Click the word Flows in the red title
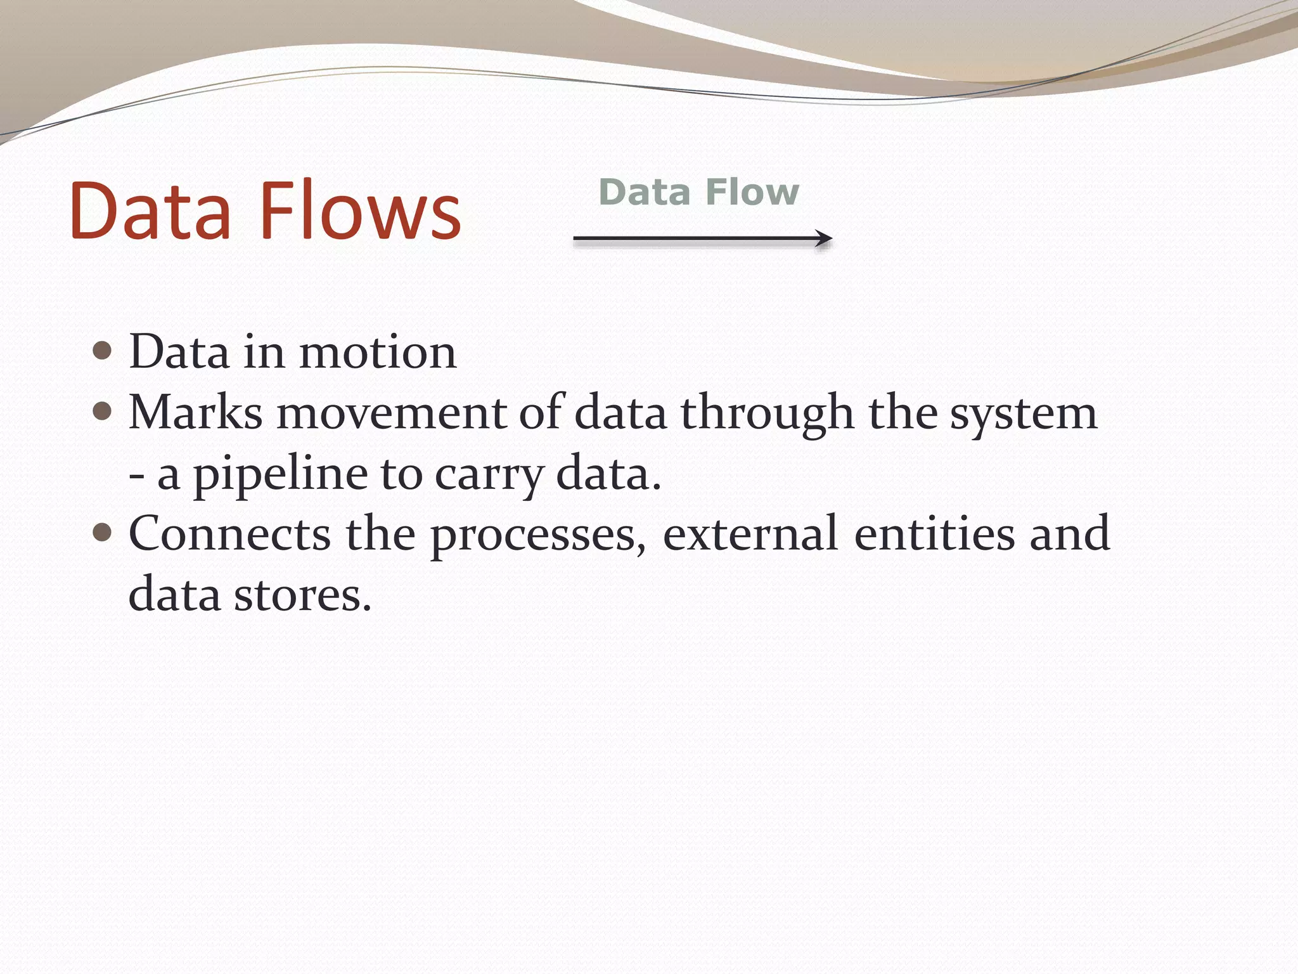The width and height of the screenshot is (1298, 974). pyautogui.click(x=360, y=211)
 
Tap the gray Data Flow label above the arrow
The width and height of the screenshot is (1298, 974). pyautogui.click(x=698, y=192)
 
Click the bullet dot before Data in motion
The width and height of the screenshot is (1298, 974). pyautogui.click(x=102, y=351)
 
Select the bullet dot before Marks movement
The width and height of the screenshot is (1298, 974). pyautogui.click(x=102, y=412)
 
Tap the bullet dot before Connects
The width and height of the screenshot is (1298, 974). pyautogui.click(x=102, y=531)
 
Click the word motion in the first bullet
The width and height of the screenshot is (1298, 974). pyautogui.click(x=378, y=352)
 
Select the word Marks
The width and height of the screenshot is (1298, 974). pyautogui.click(x=195, y=413)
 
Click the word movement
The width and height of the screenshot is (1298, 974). pyautogui.click(x=390, y=413)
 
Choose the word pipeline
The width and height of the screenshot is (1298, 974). pyautogui.click(x=280, y=474)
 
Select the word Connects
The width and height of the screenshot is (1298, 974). pyautogui.click(x=229, y=533)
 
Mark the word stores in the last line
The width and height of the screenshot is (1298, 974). pyautogui.click(x=302, y=594)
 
